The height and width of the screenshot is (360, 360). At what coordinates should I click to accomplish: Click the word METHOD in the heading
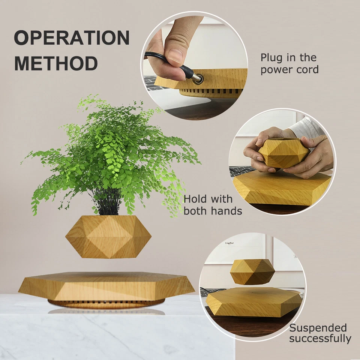coord(56,63)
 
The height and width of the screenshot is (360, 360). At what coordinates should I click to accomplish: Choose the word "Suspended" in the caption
coord(318,328)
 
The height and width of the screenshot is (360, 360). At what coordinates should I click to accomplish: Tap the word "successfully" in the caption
coord(320,339)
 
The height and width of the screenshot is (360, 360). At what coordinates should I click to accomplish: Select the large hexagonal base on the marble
coord(106,287)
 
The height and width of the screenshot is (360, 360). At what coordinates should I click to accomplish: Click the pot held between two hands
coord(284,153)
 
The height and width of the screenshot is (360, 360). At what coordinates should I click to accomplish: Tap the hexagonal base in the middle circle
coord(281,189)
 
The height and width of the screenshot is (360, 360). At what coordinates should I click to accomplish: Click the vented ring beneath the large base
coord(106,303)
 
